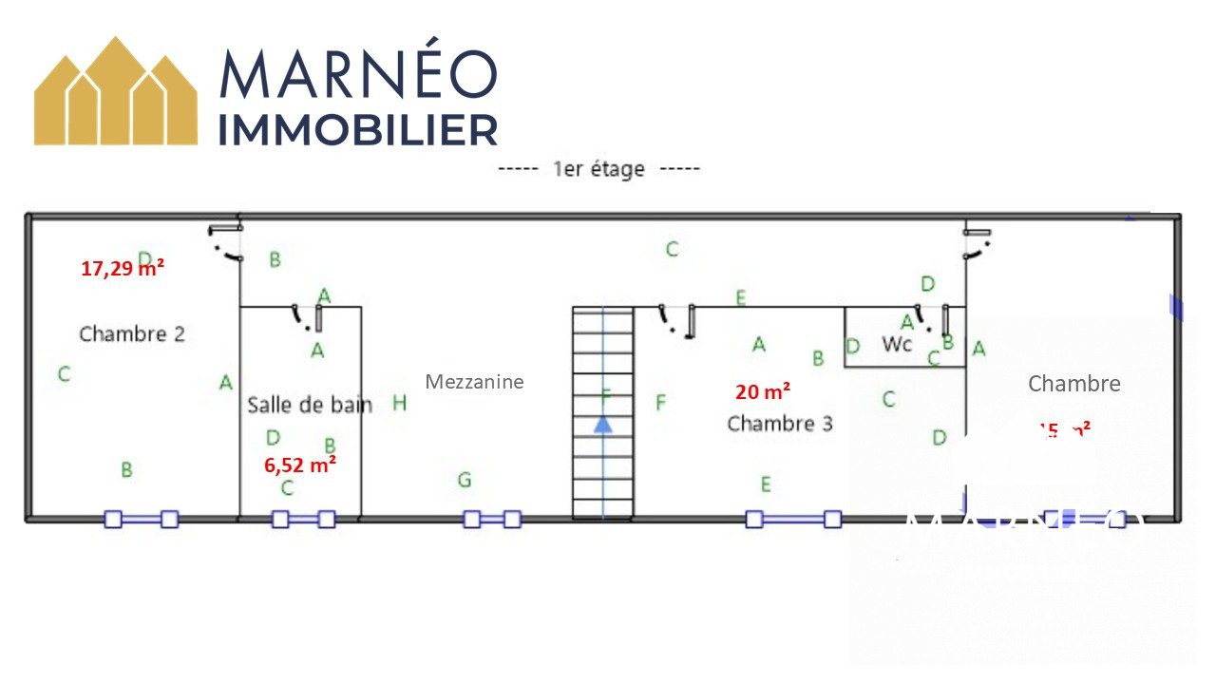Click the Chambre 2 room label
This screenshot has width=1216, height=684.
click(132, 334)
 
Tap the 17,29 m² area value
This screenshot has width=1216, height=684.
click(123, 269)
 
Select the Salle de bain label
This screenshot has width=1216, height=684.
click(310, 405)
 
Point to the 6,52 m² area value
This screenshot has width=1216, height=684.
click(299, 465)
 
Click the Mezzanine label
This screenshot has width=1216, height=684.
click(474, 382)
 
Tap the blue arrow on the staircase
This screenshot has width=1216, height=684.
click(602, 423)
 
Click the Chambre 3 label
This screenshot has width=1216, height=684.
click(780, 424)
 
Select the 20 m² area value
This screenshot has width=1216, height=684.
click(763, 391)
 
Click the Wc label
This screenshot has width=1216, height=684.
click(897, 343)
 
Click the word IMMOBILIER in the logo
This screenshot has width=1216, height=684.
click(358, 130)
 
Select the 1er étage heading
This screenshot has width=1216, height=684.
click(598, 169)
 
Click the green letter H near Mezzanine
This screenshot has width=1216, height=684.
click(400, 404)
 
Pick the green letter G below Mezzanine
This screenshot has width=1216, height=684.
click(464, 481)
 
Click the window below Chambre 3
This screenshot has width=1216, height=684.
click(793, 519)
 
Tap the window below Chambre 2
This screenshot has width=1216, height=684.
click(142, 519)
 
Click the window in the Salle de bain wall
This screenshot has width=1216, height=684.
click(303, 519)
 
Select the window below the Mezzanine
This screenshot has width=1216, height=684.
click(492, 519)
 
